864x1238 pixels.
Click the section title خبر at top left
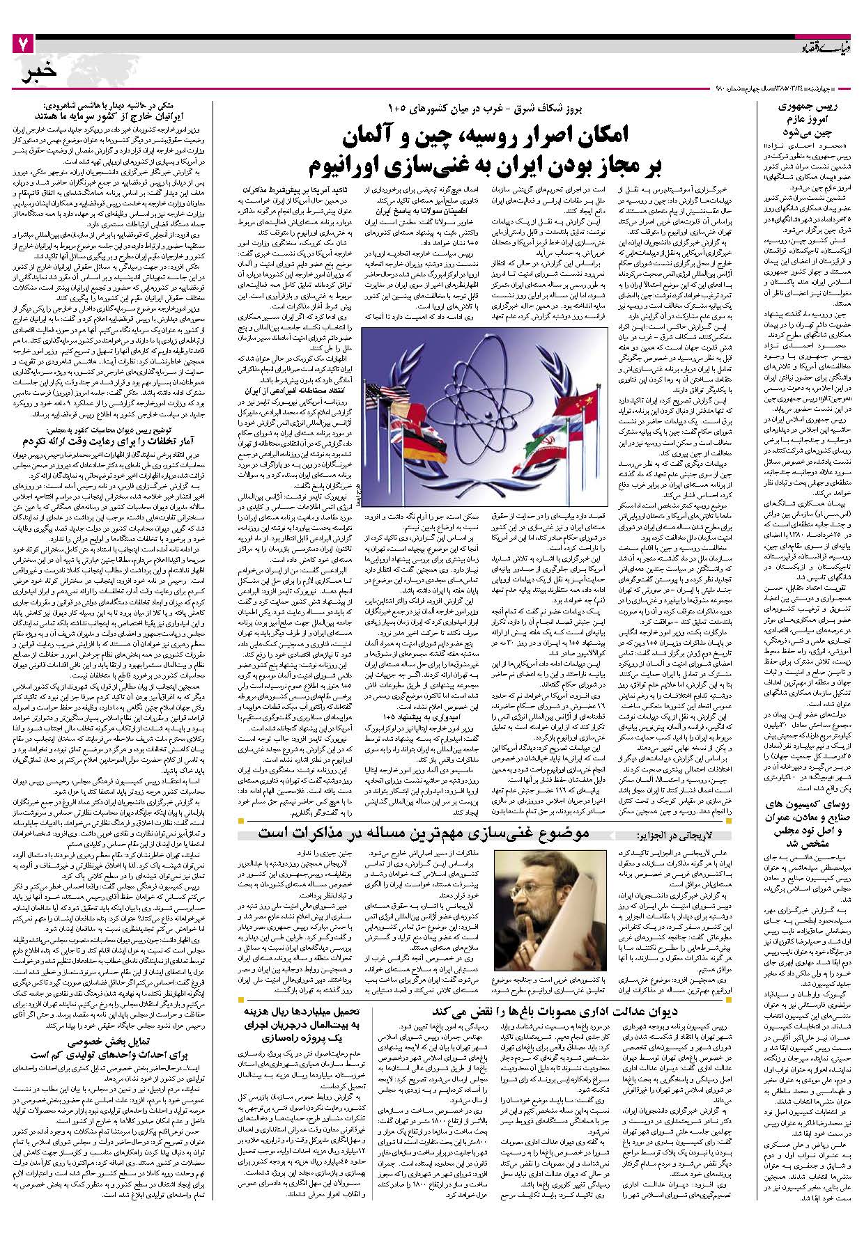pyautogui.click(x=39, y=73)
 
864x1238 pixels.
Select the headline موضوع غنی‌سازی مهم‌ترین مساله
pyautogui.click(x=425, y=833)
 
